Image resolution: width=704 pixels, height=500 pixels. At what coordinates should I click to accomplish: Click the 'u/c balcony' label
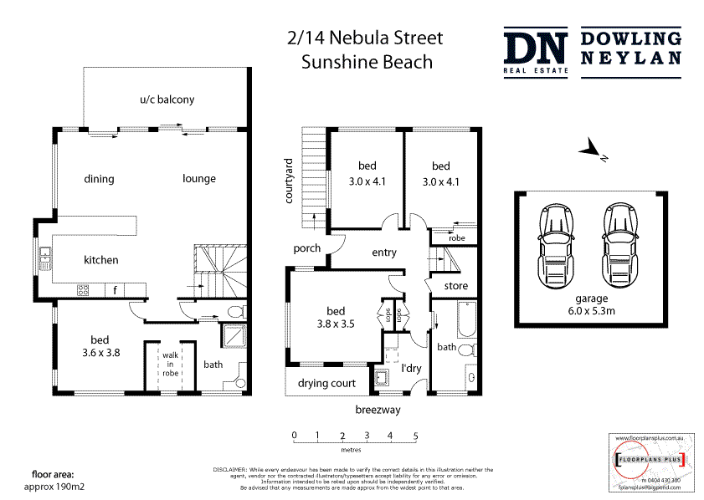pyautogui.click(x=167, y=99)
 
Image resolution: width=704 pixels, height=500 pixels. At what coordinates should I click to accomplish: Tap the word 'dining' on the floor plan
pyautogui.click(x=99, y=179)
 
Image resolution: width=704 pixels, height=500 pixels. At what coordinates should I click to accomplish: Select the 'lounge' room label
pyautogui.click(x=199, y=179)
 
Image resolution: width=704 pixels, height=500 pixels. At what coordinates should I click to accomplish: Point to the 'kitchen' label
pyautogui.click(x=100, y=260)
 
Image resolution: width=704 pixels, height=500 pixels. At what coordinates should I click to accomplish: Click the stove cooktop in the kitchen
pyautogui.click(x=84, y=290)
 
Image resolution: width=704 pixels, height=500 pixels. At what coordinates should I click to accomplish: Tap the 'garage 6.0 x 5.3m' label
pyautogui.click(x=591, y=304)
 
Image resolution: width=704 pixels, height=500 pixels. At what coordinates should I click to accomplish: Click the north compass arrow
pyautogui.click(x=593, y=151)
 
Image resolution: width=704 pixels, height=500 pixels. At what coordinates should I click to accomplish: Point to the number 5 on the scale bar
pyautogui.click(x=415, y=436)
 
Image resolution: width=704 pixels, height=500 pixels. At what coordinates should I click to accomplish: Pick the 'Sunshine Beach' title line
pyautogui.click(x=367, y=62)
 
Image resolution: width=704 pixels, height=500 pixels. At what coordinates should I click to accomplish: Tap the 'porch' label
pyautogui.click(x=307, y=249)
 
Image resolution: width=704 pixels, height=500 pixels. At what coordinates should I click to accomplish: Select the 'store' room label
pyautogui.click(x=455, y=287)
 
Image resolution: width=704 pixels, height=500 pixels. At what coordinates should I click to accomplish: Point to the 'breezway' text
pyautogui.click(x=378, y=410)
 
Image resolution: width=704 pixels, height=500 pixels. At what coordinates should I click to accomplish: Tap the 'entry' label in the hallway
pyautogui.click(x=383, y=253)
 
